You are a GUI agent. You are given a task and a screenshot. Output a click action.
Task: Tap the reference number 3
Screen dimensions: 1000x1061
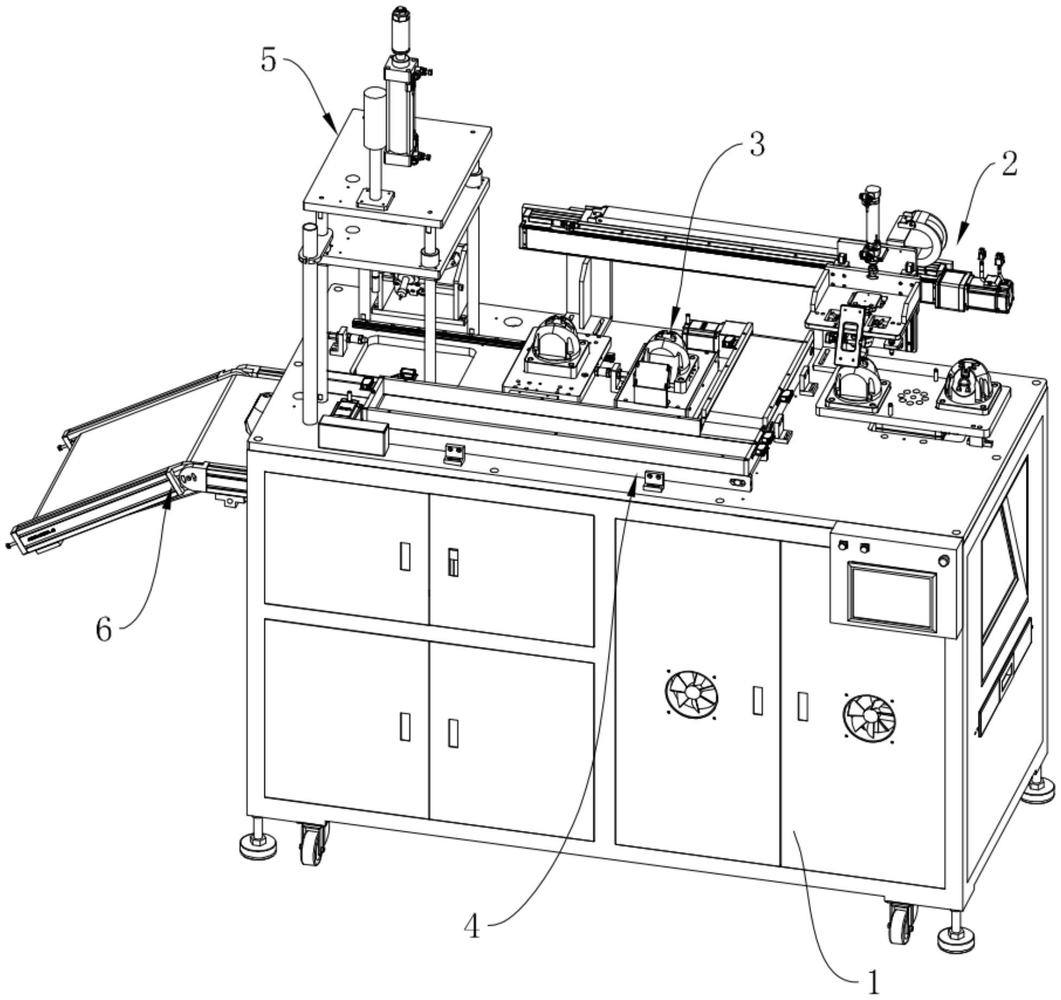(x=756, y=145)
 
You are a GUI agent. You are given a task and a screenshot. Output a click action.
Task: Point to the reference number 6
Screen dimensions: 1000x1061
(x=104, y=630)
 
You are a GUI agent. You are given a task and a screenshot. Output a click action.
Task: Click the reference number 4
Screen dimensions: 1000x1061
(x=473, y=927)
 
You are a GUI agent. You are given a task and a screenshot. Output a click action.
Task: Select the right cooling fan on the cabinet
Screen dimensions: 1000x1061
(x=869, y=717)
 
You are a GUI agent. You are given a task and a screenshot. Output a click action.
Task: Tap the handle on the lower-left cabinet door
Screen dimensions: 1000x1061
(x=405, y=726)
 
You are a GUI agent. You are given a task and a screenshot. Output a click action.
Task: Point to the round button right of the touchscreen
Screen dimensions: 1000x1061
(x=944, y=561)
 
